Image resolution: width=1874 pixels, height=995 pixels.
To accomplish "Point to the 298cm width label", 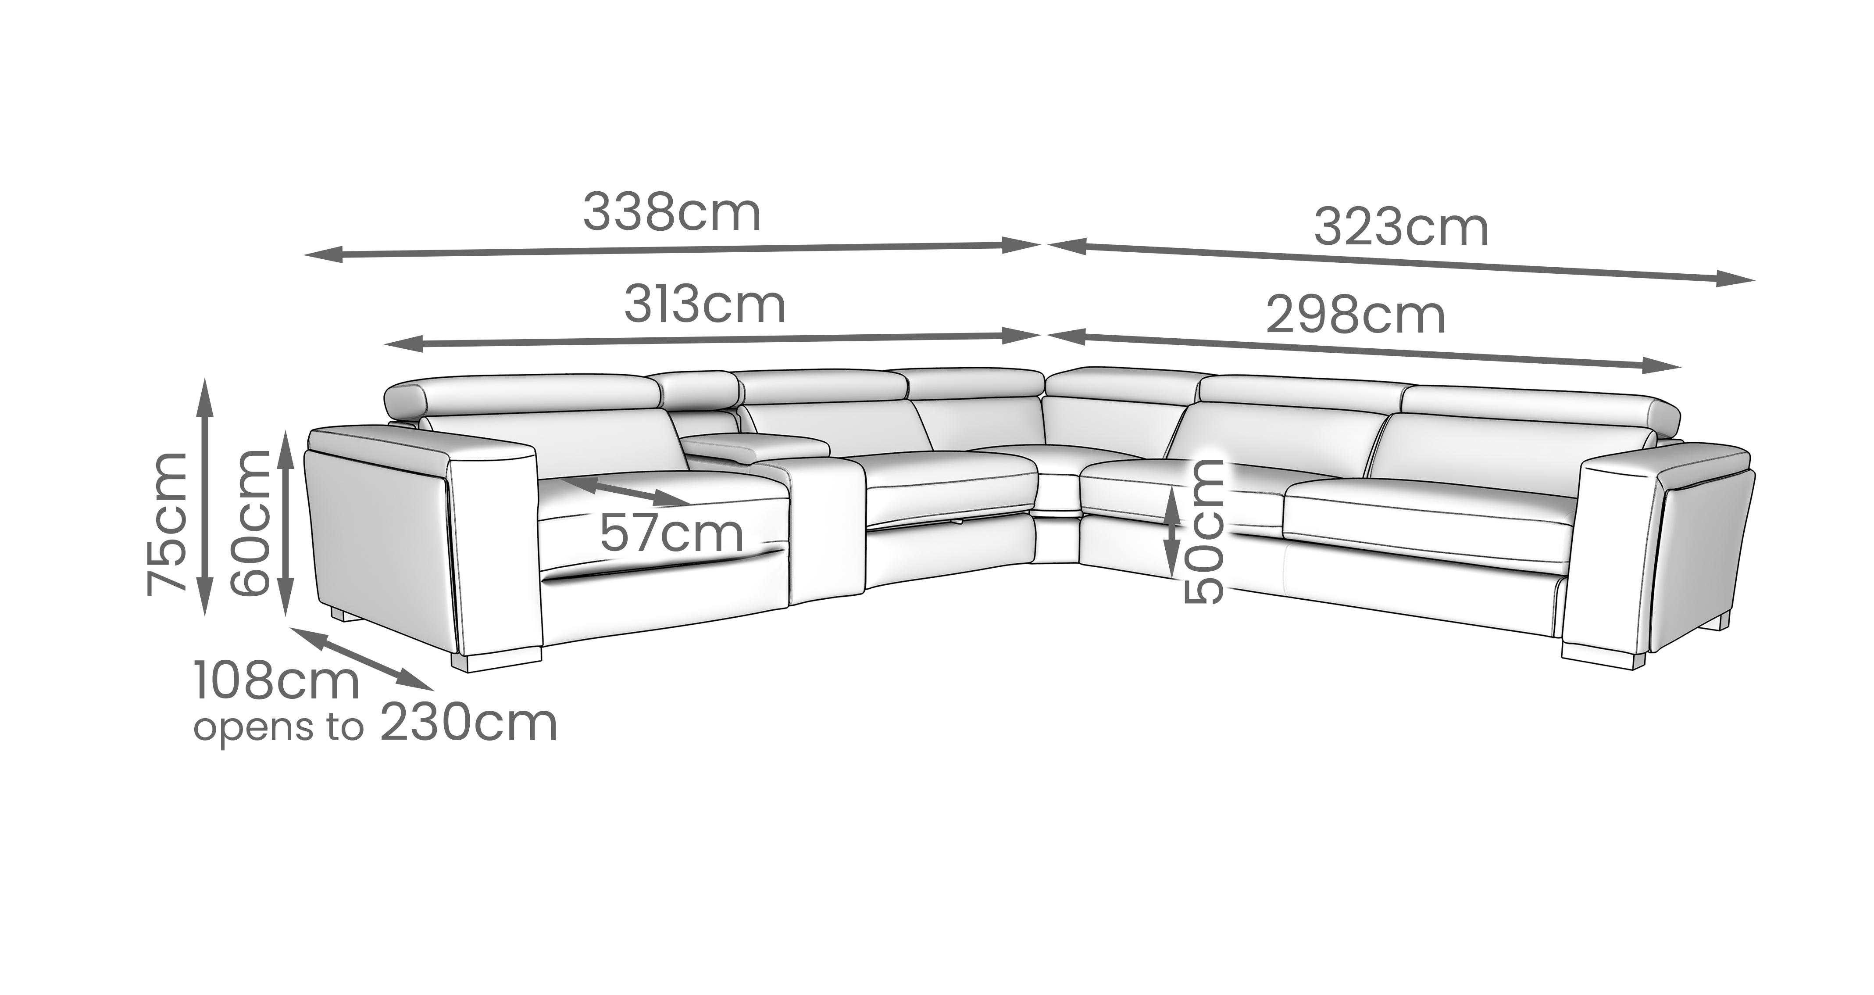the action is click(1355, 316).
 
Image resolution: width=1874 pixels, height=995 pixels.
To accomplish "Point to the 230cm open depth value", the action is click(468, 723).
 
